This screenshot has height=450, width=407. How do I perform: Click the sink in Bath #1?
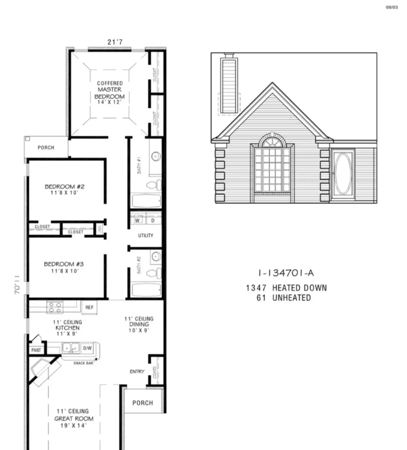(x=156, y=156)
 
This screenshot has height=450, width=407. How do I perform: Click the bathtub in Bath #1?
(x=146, y=201)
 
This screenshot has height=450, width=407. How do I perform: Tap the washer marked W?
(x=137, y=220)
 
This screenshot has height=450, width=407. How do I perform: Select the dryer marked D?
(x=153, y=220)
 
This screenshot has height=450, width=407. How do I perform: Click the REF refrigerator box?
(x=89, y=307)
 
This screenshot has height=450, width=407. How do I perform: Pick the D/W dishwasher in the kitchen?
(x=87, y=348)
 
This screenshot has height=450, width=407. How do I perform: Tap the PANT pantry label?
(x=36, y=350)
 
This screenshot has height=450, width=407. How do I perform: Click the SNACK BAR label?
(x=83, y=363)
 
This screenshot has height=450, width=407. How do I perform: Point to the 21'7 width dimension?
(x=115, y=42)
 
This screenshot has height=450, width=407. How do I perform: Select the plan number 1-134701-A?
(x=286, y=273)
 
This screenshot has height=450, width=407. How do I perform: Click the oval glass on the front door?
(x=343, y=173)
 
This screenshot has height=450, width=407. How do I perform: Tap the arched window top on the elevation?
(x=272, y=141)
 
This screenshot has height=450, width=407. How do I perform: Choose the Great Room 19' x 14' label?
(x=74, y=418)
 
